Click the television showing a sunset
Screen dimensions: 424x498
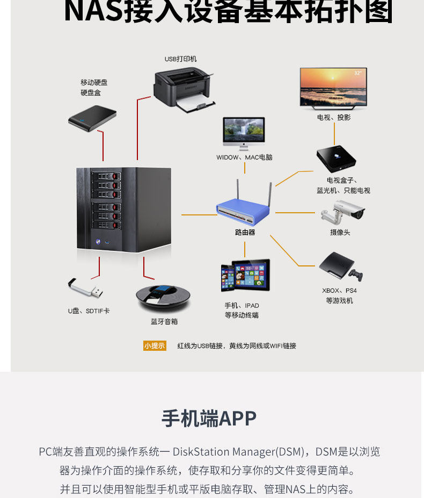333,87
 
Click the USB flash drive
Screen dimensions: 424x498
85,288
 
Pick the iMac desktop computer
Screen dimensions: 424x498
244,133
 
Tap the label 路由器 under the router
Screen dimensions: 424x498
245,233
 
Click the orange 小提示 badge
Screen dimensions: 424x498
155,345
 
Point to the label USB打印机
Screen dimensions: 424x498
180,59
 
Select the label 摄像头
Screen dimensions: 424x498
340,233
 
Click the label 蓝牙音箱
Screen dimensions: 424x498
164,321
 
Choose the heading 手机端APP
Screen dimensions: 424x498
209,418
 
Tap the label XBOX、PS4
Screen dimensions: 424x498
339,291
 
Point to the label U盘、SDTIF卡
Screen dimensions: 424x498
89,311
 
